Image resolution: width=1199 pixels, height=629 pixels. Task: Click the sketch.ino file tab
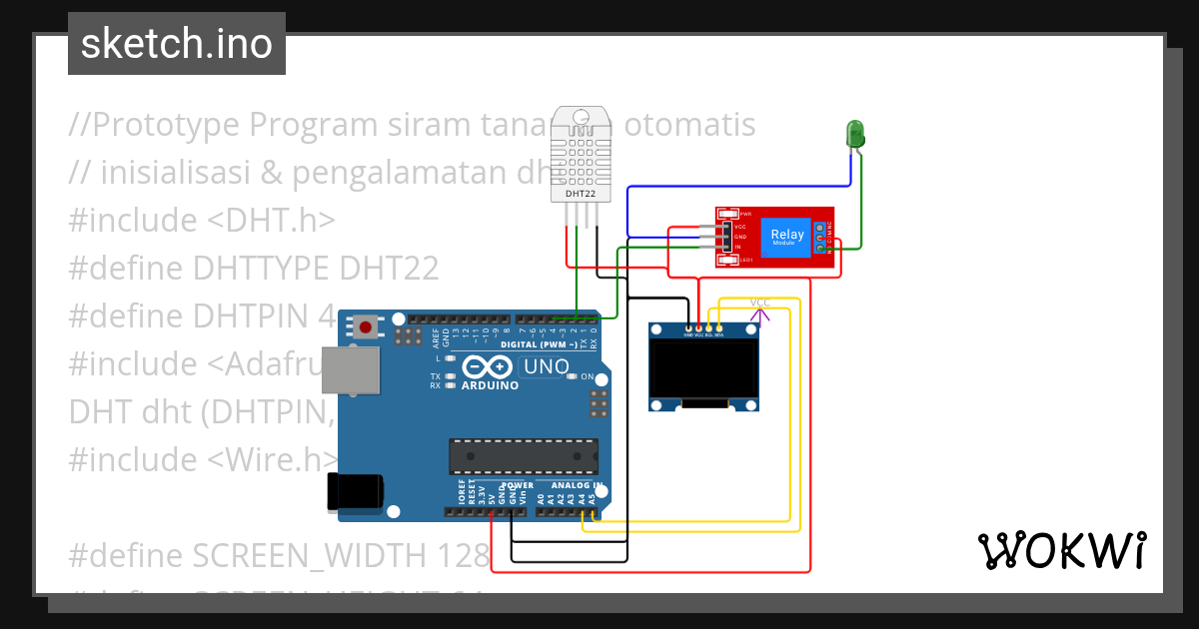(176, 44)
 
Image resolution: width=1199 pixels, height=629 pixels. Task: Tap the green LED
(855, 134)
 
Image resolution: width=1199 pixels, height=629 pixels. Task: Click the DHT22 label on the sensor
(581, 194)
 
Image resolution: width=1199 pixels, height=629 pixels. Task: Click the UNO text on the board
(546, 366)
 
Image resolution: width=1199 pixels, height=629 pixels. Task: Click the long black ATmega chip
(524, 454)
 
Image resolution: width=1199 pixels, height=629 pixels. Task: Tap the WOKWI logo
(1061, 550)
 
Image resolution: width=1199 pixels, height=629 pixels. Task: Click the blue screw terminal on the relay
(821, 238)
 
